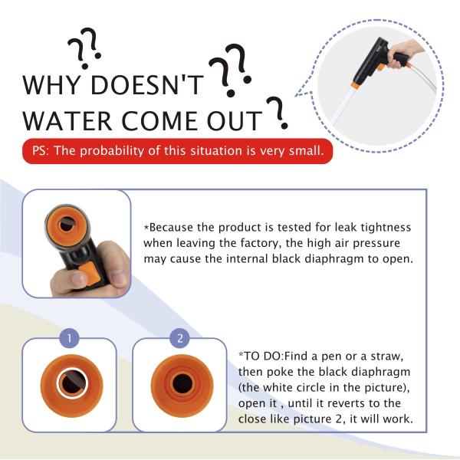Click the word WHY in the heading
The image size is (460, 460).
coord(51,85)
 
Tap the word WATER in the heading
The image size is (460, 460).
coord(67,120)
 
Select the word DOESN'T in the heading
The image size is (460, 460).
coord(147,85)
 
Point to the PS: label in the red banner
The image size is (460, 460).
coord(41,151)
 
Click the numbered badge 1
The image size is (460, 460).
coord(70,338)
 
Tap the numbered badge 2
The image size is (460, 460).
coord(180,338)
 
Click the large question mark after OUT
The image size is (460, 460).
coord(278,113)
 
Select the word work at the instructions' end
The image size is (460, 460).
coord(398,419)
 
